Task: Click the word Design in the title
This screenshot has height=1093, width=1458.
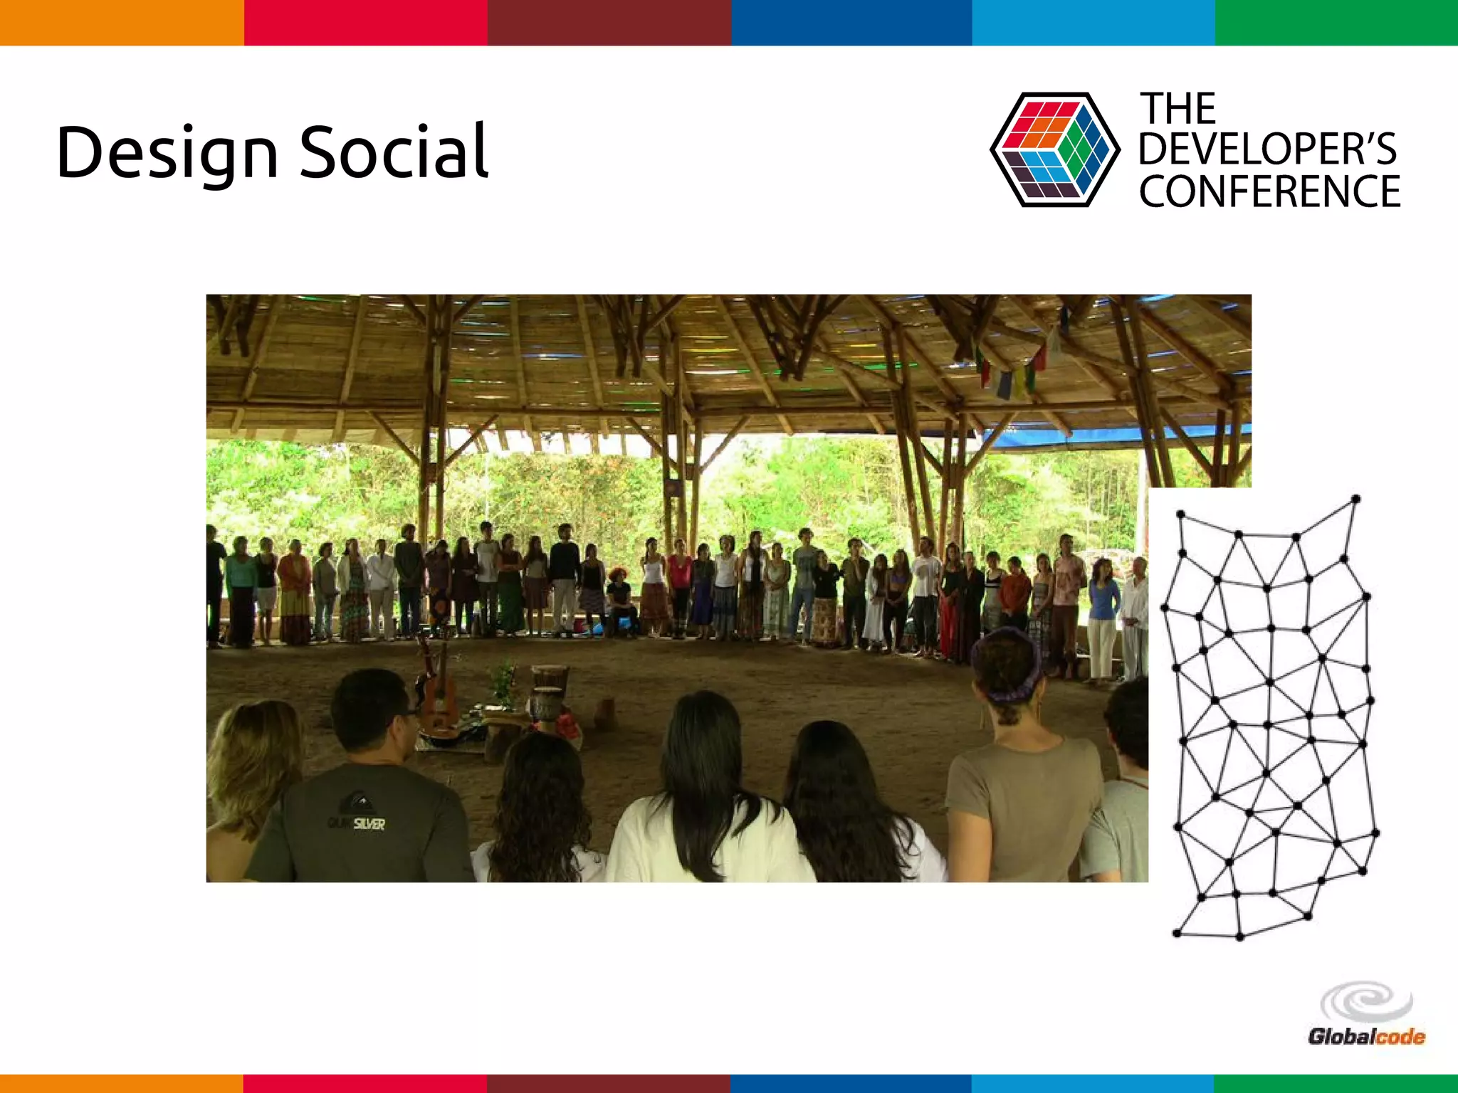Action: click(167, 153)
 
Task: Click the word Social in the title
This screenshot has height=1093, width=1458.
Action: click(394, 152)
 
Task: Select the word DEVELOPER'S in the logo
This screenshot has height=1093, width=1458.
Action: click(1267, 149)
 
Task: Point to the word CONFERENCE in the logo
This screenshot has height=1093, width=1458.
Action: click(1269, 192)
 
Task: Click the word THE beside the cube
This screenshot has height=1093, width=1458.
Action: click(1178, 109)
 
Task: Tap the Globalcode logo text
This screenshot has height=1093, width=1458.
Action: click(1366, 1037)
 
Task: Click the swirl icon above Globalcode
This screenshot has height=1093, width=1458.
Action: click(1366, 1002)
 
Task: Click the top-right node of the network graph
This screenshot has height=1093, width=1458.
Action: click(1356, 500)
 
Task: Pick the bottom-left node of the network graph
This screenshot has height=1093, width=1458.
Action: click(1177, 933)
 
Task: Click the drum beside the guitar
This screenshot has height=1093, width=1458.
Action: click(549, 687)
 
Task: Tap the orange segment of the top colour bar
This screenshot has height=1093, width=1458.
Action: click(122, 23)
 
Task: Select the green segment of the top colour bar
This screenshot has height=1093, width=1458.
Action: click(1336, 23)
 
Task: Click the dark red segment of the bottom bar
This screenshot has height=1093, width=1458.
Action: click(609, 1083)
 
